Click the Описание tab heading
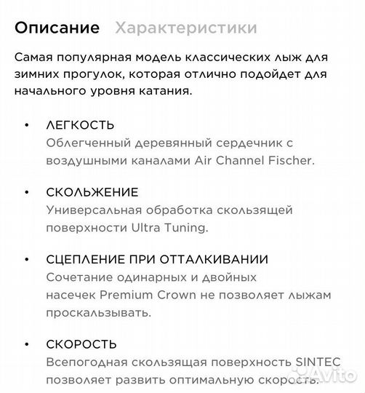pyautogui.click(x=57, y=28)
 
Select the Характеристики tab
pyautogui.click(x=186, y=28)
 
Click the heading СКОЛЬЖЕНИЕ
pyautogui.click(x=92, y=192)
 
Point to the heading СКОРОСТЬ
pyautogui.click(x=81, y=344)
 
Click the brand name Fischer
pyautogui.click(x=294, y=159)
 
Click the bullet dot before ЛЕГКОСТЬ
pyautogui.click(x=28, y=125)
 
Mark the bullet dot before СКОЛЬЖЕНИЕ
pyautogui.click(x=28, y=193)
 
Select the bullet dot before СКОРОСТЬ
pyautogui.click(x=28, y=345)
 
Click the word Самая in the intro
pyautogui.click(x=33, y=57)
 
